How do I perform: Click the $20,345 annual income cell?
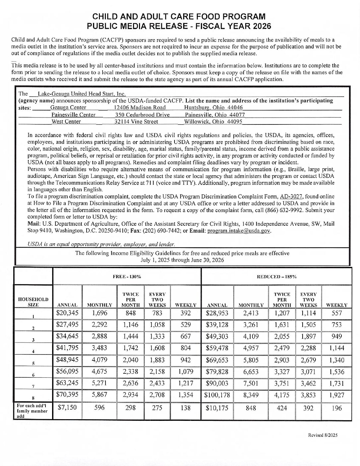click(x=67, y=313)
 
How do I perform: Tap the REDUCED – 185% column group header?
click(x=276, y=276)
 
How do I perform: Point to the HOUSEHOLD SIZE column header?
click(x=33, y=302)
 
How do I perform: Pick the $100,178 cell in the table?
click(x=217, y=395)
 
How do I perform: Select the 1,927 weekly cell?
click(x=337, y=395)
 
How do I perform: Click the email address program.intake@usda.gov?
click(x=239, y=231)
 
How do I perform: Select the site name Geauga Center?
click(x=68, y=108)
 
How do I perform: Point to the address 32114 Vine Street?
click(x=136, y=121)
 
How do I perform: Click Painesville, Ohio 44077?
click(x=215, y=115)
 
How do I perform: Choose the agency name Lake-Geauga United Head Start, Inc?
click(x=82, y=94)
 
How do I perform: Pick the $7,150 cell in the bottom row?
click(x=67, y=407)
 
